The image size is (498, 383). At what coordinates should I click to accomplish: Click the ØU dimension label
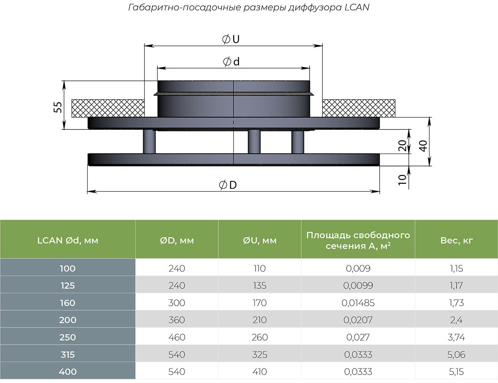(232, 39)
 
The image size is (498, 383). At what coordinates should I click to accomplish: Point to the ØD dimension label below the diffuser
(228, 185)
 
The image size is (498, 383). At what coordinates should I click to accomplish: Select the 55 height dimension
(58, 107)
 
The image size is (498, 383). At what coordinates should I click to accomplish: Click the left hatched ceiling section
(107, 109)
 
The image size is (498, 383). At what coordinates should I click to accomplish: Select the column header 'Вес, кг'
(456, 240)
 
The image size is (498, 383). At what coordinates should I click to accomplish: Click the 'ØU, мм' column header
(259, 240)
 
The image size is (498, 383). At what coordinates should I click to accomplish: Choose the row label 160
(68, 303)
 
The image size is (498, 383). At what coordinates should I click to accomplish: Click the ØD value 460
(177, 337)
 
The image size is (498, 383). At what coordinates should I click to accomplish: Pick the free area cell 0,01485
(358, 303)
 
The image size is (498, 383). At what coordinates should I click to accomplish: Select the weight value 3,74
(456, 337)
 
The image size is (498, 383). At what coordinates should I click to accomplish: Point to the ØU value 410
(259, 372)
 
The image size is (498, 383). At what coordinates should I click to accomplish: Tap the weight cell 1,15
(456, 268)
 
